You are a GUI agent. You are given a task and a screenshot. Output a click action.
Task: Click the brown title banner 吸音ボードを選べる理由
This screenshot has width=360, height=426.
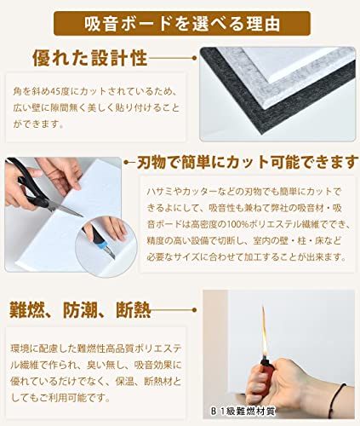(182, 23)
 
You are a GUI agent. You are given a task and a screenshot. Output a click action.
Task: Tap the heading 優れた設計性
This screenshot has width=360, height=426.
(89, 58)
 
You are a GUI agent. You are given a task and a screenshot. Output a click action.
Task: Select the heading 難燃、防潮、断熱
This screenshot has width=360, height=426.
(80, 309)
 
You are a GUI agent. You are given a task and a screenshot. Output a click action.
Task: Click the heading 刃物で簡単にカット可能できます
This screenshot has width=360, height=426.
(246, 162)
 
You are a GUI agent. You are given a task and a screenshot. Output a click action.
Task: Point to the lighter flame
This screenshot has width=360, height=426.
(264, 330)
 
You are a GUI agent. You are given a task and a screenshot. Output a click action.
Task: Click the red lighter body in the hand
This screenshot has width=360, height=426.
(266, 375)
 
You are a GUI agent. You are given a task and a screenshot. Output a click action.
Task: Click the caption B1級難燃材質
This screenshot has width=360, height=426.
(243, 412)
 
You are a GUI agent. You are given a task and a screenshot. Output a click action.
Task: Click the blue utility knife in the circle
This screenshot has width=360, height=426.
(103, 245)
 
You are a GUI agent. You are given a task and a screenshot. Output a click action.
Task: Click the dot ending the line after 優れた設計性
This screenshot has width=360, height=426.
(194, 58)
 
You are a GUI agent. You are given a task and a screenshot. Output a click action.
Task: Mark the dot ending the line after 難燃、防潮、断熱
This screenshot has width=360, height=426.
(194, 310)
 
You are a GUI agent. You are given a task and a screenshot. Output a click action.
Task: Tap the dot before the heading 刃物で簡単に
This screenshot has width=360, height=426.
(127, 163)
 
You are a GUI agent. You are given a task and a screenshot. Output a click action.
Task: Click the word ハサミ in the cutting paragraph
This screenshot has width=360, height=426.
(160, 192)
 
